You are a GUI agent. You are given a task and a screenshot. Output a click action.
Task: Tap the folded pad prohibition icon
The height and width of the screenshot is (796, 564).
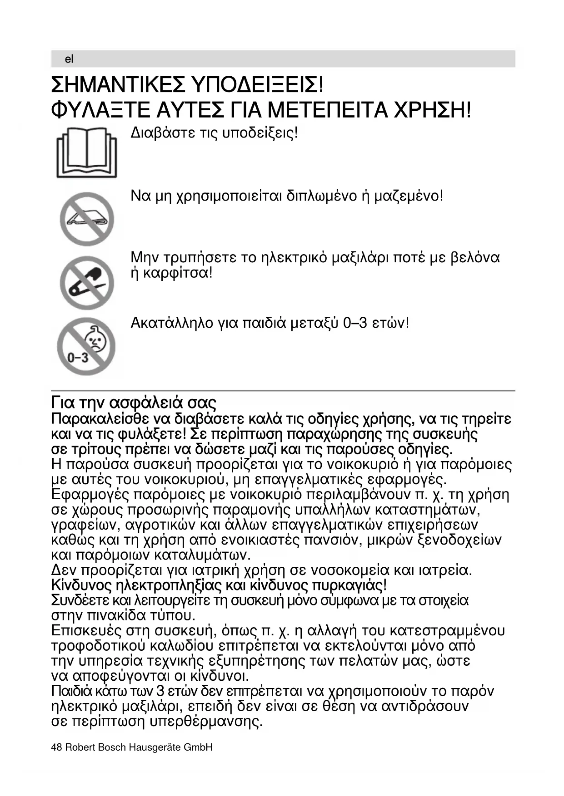[86, 219]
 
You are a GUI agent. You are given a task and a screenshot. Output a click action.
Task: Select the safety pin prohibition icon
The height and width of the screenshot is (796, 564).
[86, 282]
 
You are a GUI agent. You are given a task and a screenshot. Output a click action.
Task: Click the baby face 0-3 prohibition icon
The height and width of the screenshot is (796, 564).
[86, 346]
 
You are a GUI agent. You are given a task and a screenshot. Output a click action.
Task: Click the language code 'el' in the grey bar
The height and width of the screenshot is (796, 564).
[69, 59]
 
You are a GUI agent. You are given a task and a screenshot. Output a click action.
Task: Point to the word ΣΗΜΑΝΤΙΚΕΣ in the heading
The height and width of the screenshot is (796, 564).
[119, 85]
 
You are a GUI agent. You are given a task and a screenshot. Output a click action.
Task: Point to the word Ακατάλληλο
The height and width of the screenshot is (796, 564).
[172, 323]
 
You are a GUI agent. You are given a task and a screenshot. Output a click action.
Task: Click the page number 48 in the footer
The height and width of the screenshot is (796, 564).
[56, 747]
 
